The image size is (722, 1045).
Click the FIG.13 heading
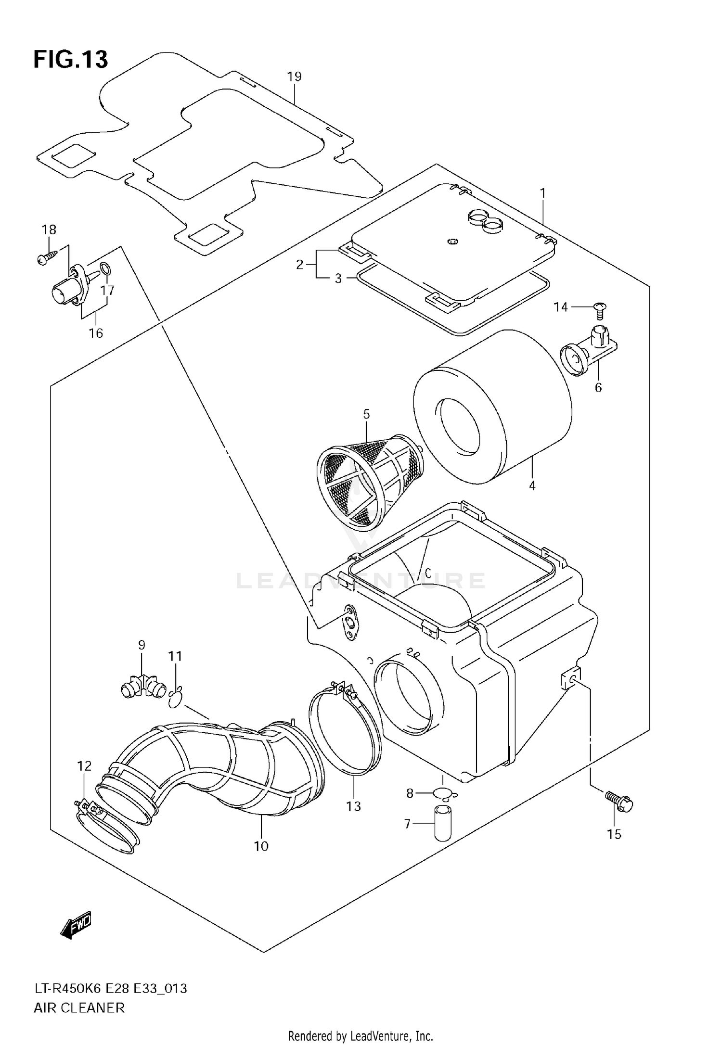pos(70,60)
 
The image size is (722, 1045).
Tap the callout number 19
pos(294,76)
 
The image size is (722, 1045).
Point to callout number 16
pos(96,333)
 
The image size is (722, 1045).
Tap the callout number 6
pos(598,387)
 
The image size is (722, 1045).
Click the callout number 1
pos(542,193)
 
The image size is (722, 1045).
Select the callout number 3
pos(338,279)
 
